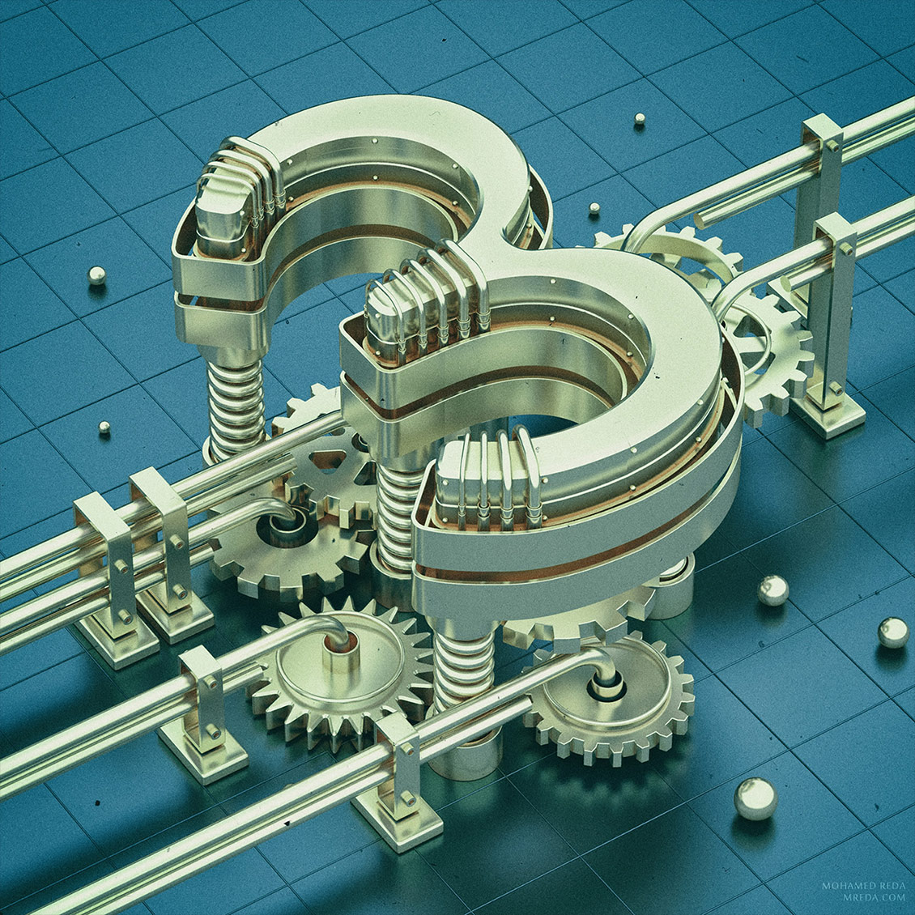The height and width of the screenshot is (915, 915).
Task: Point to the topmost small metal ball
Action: [x=640, y=120]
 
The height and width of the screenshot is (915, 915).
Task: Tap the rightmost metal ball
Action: [x=893, y=632]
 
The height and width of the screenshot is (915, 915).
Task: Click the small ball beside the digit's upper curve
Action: [x=594, y=208]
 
